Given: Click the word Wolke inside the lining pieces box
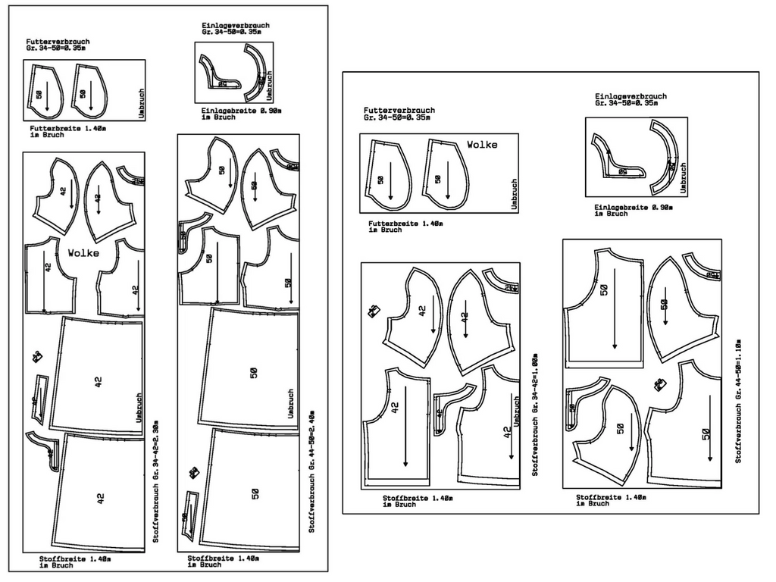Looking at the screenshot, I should [x=482, y=144].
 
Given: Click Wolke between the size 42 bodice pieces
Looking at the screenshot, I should [x=83, y=253].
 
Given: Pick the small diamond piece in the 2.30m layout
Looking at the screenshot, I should [x=36, y=356].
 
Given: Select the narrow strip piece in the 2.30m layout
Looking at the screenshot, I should [x=39, y=399].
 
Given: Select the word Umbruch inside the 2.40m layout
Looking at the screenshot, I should [x=290, y=405].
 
